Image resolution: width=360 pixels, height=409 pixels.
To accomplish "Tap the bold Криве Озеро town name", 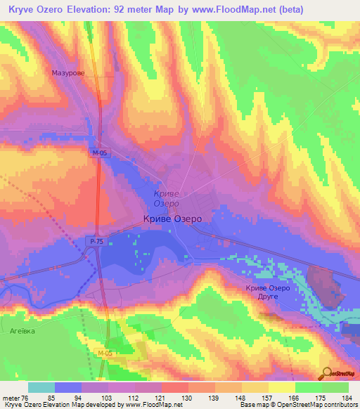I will [172, 219].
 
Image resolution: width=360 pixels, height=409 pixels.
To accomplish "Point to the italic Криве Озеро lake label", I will [166, 198].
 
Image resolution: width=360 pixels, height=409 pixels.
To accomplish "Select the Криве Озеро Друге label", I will [267, 292].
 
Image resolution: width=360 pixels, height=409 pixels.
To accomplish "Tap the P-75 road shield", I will [96, 241].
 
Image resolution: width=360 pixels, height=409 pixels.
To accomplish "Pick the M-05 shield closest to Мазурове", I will [99, 152].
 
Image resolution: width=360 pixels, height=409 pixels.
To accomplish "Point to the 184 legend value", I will [348, 397].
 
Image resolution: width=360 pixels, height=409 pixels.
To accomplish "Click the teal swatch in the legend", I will [41, 387].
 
